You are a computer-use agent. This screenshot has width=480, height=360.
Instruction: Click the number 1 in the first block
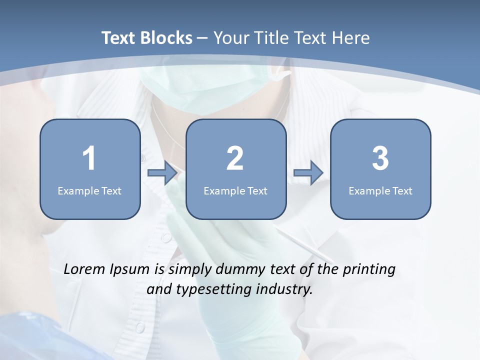pyautogui.click(x=89, y=158)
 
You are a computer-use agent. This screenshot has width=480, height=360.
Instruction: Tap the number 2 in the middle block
pyautogui.click(x=235, y=158)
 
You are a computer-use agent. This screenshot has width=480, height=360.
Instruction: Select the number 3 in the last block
pyautogui.click(x=380, y=158)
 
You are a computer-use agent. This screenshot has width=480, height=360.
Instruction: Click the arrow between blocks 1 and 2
pyautogui.click(x=162, y=173)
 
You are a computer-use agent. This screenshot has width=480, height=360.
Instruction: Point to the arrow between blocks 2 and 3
pyautogui.click(x=308, y=173)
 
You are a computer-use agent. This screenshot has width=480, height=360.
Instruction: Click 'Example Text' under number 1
pyautogui.click(x=89, y=190)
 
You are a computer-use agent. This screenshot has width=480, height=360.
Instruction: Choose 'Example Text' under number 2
pyautogui.click(x=235, y=190)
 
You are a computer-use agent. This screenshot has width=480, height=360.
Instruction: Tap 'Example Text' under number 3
pyautogui.click(x=380, y=190)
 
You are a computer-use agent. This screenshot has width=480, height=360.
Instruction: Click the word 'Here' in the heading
pyautogui.click(x=351, y=38)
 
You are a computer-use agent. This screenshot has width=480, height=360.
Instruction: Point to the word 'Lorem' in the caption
pyautogui.click(x=85, y=269)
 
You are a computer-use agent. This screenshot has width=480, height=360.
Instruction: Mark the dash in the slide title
pyautogui.click(x=202, y=38)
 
